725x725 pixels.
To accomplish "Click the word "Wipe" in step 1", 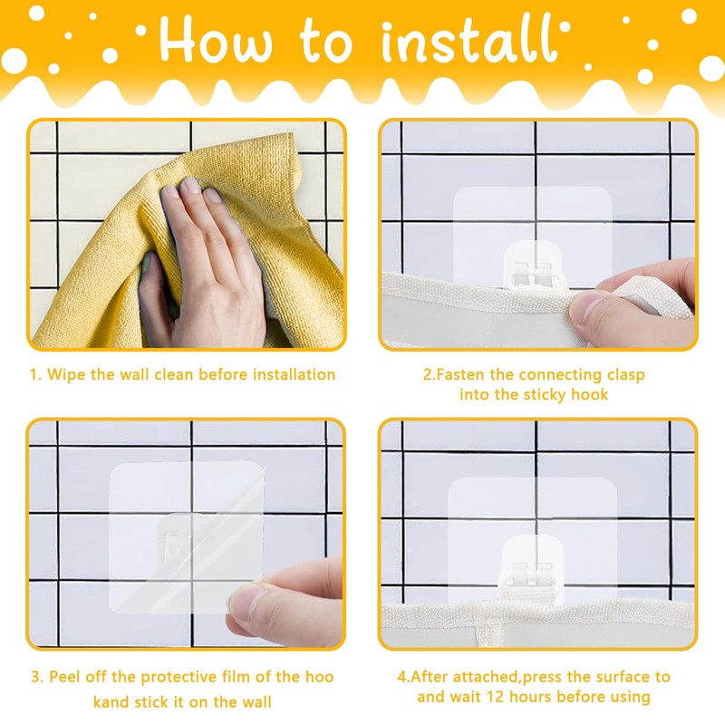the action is [x=66, y=374].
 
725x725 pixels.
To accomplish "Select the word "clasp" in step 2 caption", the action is [x=625, y=375].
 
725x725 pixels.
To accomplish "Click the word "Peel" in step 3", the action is [x=65, y=676].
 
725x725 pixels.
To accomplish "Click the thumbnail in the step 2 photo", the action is [x=585, y=305].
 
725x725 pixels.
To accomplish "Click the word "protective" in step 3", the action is [x=179, y=677].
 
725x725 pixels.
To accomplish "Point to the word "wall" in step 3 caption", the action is [x=256, y=701].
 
